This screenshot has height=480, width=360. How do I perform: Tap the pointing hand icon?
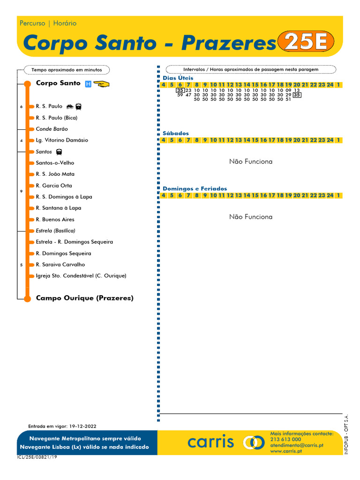[101, 84]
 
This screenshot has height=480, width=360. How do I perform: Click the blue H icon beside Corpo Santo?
[88, 84]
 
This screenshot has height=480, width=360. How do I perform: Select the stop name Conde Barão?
[52, 129]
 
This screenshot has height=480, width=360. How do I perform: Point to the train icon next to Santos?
[59, 152]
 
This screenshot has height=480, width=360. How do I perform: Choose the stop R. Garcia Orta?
[54, 186]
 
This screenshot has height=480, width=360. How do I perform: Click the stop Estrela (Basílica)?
[55, 231]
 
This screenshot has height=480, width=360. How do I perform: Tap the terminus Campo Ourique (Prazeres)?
[84, 298]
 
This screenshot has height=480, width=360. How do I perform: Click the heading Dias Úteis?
[178, 78]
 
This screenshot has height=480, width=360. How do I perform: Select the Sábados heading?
[176, 134]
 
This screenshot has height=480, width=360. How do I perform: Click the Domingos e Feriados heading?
[195, 188]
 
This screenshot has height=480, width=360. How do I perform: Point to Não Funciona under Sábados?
[250, 162]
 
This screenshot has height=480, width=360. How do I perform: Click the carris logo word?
[210, 442]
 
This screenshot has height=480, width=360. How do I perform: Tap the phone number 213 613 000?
[285, 440]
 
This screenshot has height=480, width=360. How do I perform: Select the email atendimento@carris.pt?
[297, 445]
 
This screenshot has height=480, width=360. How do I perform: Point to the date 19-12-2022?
[82, 426]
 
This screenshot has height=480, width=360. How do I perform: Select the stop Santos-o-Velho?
[55, 163]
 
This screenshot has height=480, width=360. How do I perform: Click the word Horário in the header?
[65, 23]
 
